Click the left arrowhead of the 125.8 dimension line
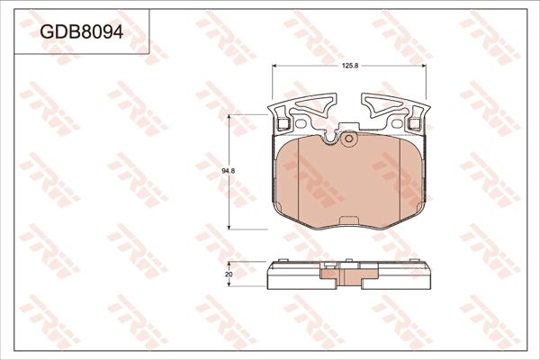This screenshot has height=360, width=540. click(274, 70)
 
